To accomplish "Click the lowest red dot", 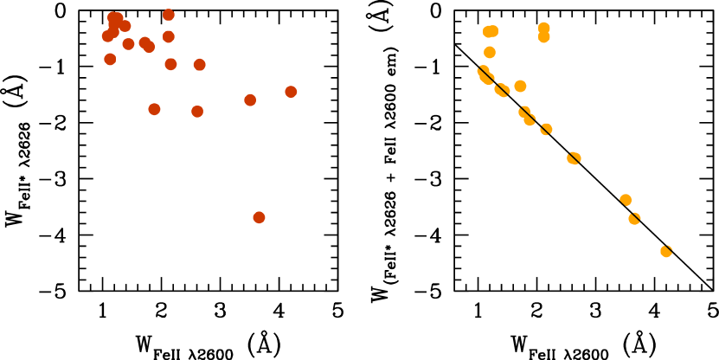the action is coord(259,217).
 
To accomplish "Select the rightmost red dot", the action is coord(291,92).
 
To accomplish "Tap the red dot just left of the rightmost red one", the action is coord(250,100).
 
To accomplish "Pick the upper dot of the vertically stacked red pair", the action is coord(169,15).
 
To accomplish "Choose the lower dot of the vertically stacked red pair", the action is coord(169,36).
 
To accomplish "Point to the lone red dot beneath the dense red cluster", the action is coord(110,59).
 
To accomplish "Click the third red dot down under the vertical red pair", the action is coord(170,64).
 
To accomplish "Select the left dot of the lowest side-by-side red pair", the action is coord(154,109).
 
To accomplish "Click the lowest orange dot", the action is coord(666,251).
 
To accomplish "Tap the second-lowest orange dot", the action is coord(634,218).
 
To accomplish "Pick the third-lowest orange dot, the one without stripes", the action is coord(626,200).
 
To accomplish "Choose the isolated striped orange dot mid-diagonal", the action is coord(574,158).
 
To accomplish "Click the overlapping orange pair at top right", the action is coord(543,32).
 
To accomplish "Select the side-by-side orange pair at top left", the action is coord(491,31).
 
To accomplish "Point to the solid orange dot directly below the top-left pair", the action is coord(490,52).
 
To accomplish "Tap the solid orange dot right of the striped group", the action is coord(520,86).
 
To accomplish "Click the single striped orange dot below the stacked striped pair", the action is coord(546,129).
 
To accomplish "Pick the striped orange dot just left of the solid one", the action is coord(502,90).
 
